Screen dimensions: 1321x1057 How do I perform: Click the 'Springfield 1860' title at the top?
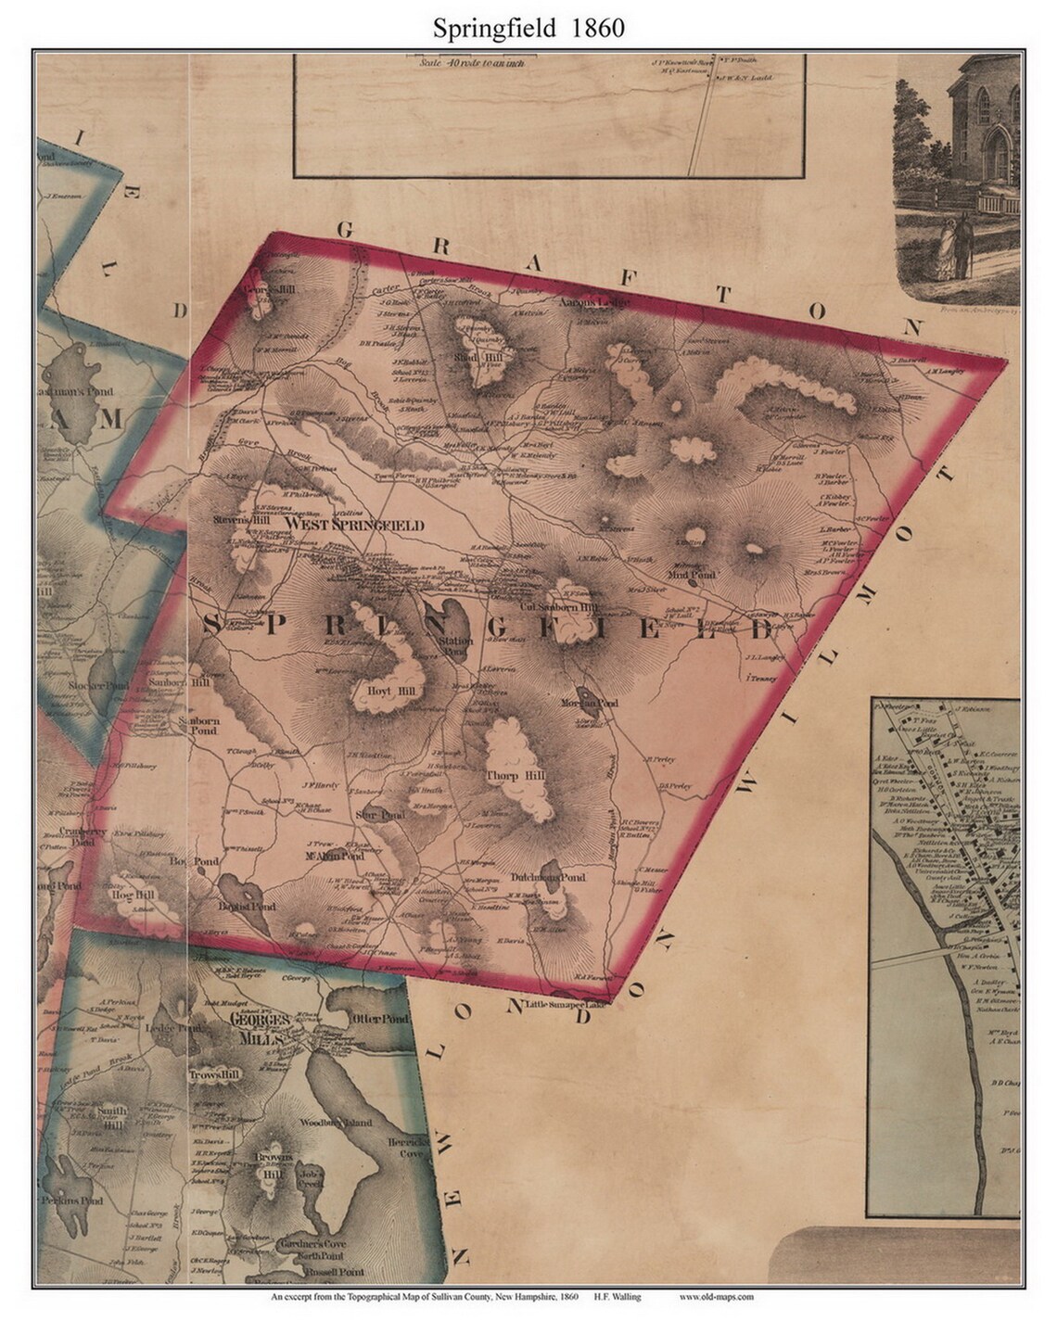[x=528, y=28]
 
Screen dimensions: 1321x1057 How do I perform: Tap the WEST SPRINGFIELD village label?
[x=354, y=525]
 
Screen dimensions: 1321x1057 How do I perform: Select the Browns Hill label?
[x=275, y=1164]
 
